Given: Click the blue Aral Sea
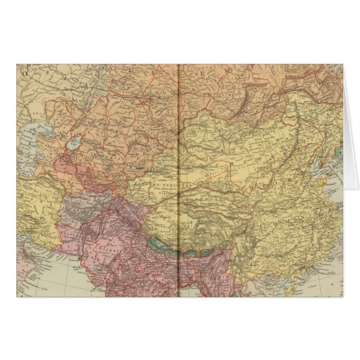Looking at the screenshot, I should pyautogui.click(x=74, y=144).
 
